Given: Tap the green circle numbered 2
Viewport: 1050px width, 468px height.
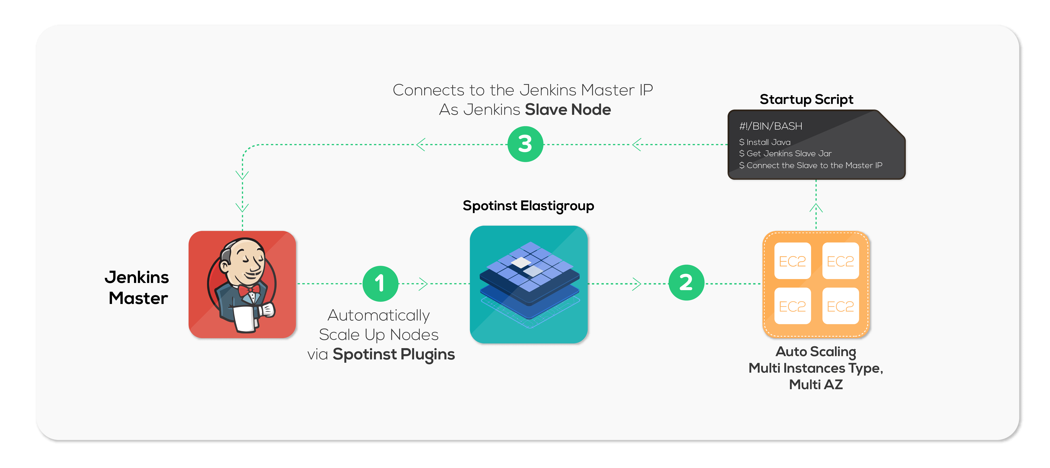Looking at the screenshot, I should pos(686,283).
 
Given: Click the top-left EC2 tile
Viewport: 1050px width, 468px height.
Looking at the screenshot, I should pos(792,261).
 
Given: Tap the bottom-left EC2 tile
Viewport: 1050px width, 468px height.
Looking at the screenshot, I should pos(792,306).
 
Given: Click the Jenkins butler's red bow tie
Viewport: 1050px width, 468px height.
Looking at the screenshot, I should pos(249,290).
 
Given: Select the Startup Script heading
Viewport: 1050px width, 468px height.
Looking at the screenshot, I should pos(806,99).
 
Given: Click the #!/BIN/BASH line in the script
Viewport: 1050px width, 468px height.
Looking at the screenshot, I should pos(770,126).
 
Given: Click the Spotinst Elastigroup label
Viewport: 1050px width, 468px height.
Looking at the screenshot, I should pos(528,206).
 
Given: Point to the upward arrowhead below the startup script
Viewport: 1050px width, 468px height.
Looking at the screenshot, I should pos(816,208).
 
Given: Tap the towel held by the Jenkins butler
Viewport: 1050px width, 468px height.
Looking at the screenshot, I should pos(245,319).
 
